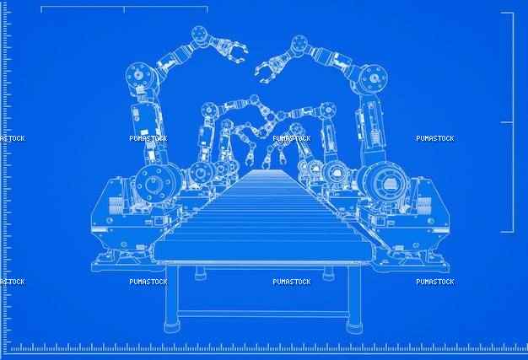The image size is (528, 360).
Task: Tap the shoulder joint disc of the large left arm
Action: [x=139, y=76]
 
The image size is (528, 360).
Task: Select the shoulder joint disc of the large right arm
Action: [x=373, y=78]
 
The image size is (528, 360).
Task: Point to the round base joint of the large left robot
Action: [x=155, y=184]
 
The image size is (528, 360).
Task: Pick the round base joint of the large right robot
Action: [x=386, y=183]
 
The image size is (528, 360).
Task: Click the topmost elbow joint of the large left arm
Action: [x=199, y=35]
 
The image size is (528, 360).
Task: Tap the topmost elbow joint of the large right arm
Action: [x=299, y=43]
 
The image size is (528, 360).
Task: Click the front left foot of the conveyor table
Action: [x=172, y=327]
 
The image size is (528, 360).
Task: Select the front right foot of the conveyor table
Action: [x=354, y=327]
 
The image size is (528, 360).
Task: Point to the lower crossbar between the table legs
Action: [x=262, y=314]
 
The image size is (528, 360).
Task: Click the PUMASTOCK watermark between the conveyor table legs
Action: [x=292, y=282]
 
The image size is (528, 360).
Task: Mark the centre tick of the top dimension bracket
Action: [x=124, y=10]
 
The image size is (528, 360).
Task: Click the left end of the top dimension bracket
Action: [x=41, y=9]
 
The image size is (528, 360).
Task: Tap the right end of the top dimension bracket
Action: [x=207, y=9]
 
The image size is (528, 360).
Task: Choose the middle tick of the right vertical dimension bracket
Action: [x=507, y=122]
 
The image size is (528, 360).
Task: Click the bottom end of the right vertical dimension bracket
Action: [x=507, y=232]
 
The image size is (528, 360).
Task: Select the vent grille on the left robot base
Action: [x=116, y=205]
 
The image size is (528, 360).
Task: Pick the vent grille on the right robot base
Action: [x=424, y=205]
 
